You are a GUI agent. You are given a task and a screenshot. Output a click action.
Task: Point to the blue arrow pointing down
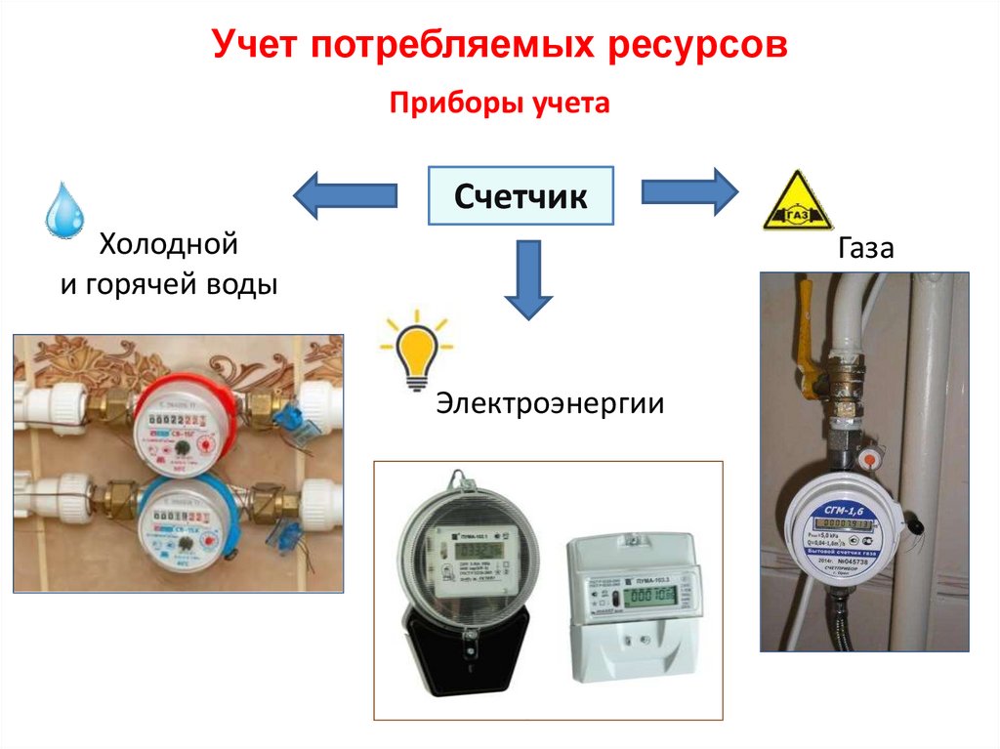(x=528, y=279)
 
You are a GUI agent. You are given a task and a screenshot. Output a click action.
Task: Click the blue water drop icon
(x=65, y=209)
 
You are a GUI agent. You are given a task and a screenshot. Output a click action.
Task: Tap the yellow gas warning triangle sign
(x=797, y=200)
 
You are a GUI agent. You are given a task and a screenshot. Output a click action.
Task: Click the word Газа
(x=864, y=248)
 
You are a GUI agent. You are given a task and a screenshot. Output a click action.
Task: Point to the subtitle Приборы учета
(x=500, y=104)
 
